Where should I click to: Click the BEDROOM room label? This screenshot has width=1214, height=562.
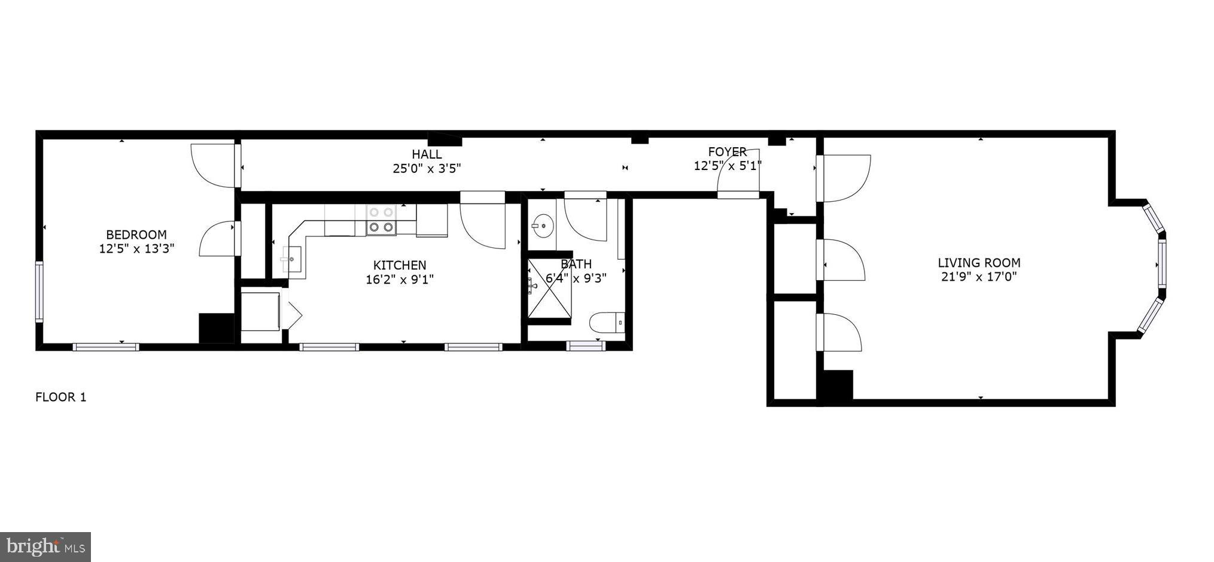(x=136, y=235)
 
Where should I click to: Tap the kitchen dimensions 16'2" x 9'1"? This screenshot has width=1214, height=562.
(x=399, y=280)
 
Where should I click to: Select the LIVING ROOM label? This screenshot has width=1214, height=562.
(x=978, y=262)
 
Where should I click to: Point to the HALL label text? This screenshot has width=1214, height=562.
(x=427, y=154)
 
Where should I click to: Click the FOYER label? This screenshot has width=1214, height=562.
(x=727, y=152)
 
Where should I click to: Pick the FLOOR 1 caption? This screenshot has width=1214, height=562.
(x=61, y=397)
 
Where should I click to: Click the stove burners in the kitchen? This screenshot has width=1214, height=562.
(x=381, y=220)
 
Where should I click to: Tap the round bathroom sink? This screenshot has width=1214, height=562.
(x=543, y=226)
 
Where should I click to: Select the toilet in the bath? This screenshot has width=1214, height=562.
(x=607, y=323)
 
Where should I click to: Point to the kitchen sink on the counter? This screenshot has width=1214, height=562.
(x=291, y=260)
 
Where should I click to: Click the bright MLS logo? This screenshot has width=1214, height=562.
(x=45, y=547)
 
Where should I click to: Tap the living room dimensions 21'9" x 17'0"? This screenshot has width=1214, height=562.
(x=978, y=277)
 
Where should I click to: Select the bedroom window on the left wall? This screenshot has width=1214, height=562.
(x=39, y=291)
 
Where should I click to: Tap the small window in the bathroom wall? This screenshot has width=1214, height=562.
(x=585, y=345)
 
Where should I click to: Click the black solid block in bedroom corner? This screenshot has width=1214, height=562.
(x=216, y=329)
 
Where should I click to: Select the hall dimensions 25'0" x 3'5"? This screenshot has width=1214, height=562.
(x=427, y=169)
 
